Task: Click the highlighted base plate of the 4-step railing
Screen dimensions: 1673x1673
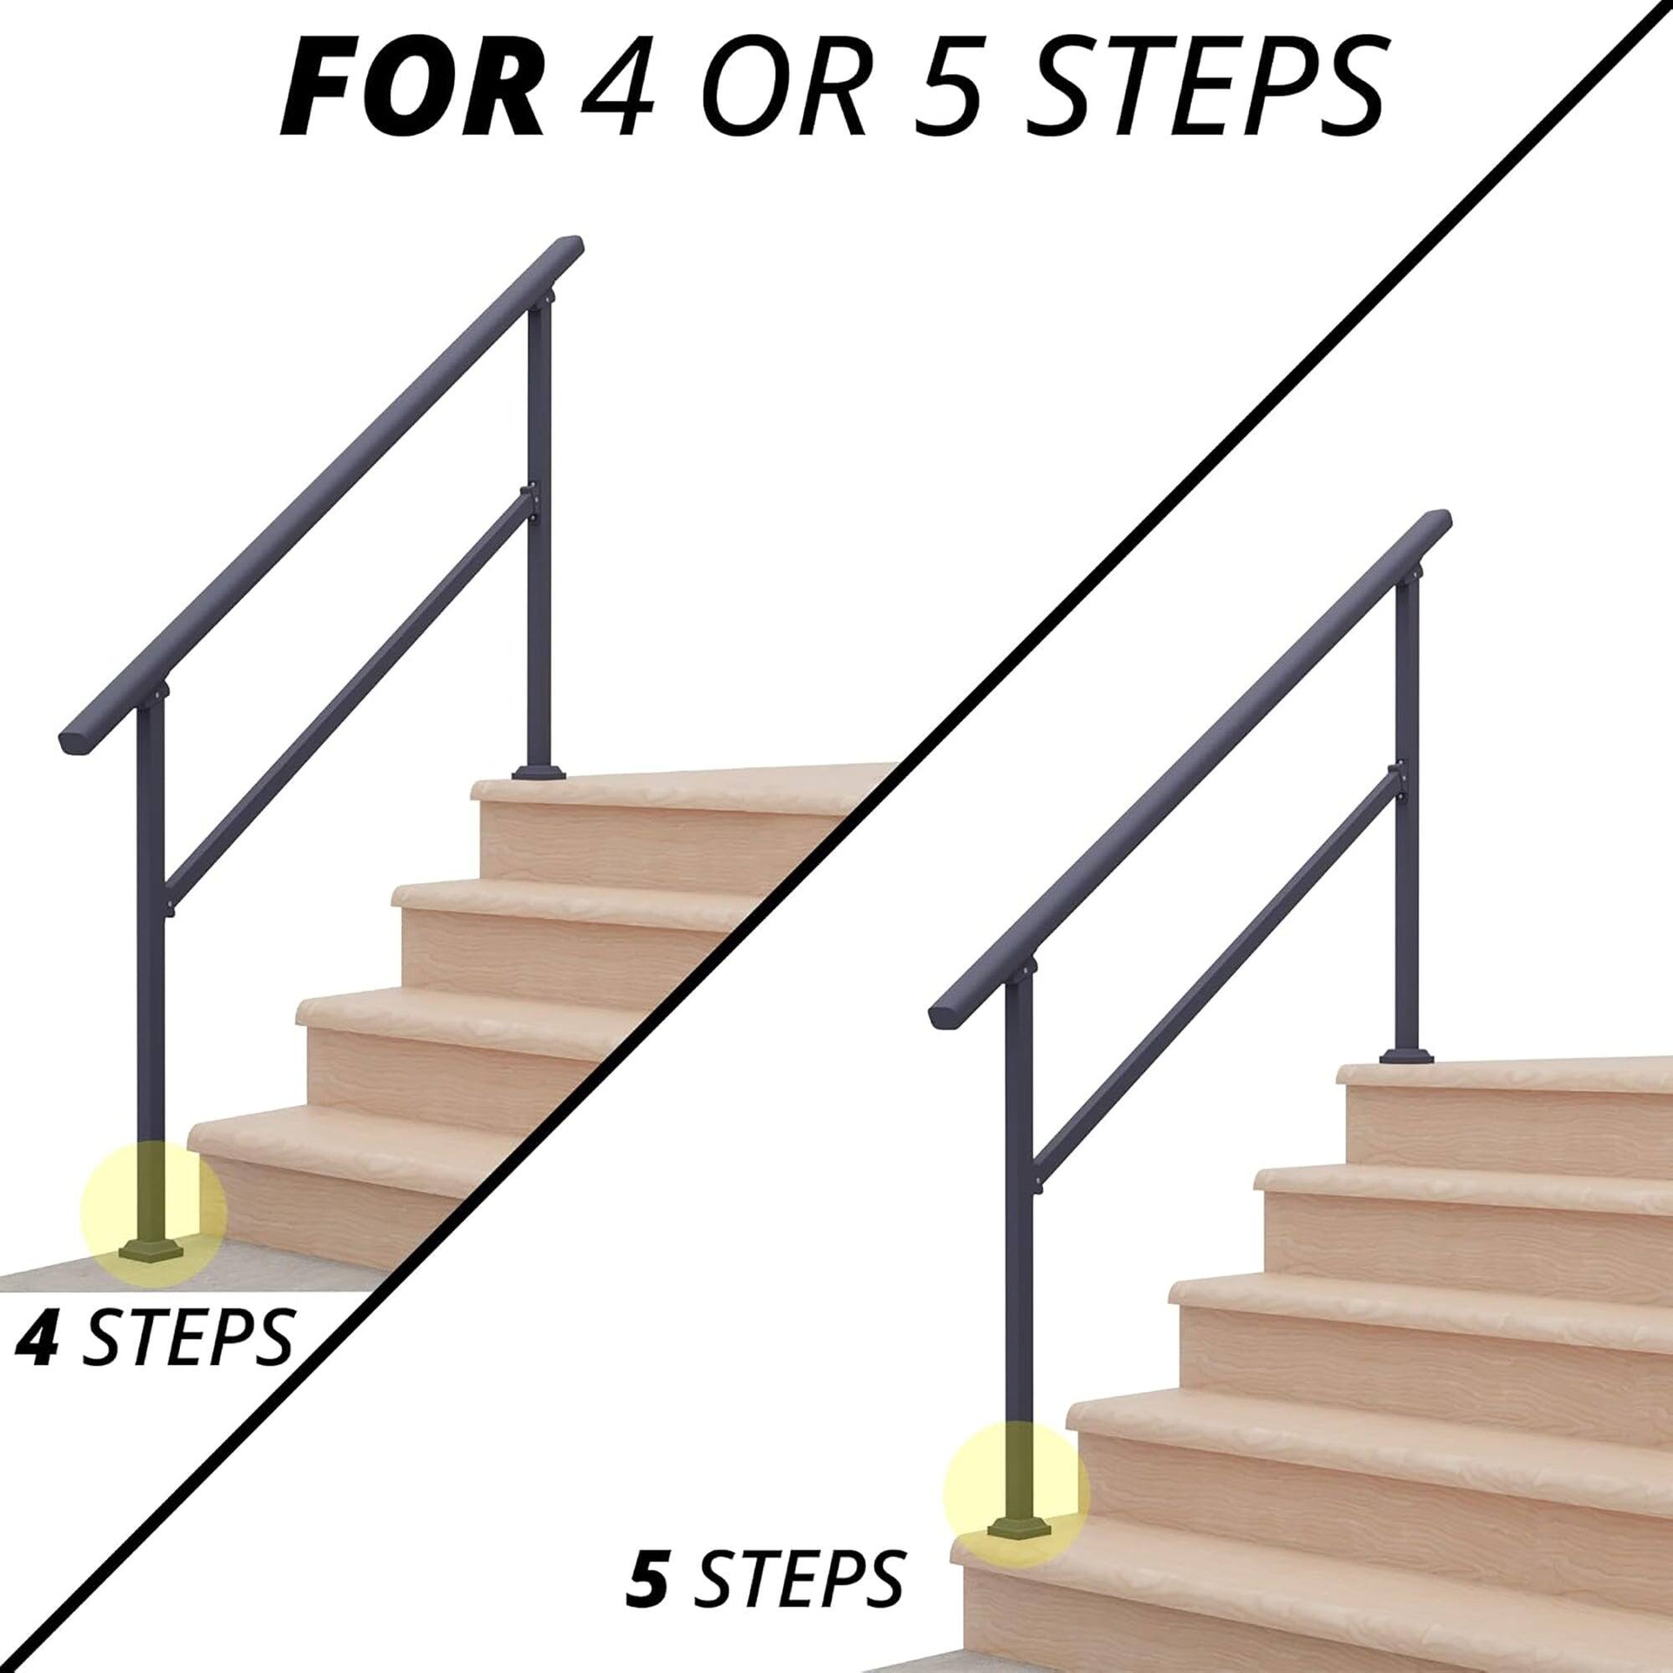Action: pyautogui.click(x=155, y=1250)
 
